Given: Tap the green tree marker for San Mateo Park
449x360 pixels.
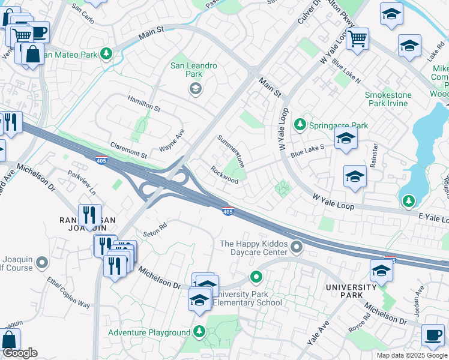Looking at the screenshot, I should pos(106,54).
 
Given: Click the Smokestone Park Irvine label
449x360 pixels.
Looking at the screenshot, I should pos(395,99).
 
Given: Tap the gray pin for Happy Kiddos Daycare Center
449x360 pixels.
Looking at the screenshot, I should pos(296,247).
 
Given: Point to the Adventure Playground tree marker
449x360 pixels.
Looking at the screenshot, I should pos(199,332).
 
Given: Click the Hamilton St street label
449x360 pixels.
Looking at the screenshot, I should pos(143,104).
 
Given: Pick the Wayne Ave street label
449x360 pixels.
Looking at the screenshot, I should pos(172,140).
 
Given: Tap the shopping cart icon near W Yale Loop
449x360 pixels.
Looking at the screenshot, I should pos(357,39).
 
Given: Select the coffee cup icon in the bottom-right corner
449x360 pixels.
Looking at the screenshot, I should pos(433,335).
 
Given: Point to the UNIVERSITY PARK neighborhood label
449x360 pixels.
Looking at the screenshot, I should pos(352,291).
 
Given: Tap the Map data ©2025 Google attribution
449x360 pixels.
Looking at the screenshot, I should pos(412,355).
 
